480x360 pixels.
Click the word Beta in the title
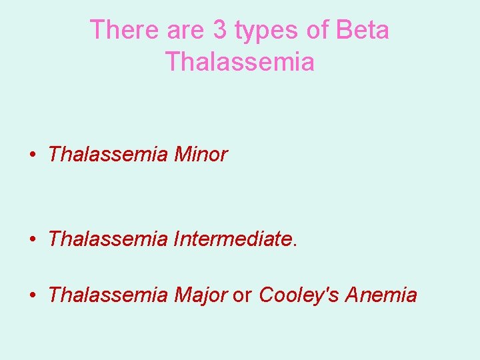363,30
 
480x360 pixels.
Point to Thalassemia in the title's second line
239,61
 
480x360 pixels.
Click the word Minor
201,155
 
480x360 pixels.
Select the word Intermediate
233,238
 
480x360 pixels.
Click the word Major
201,295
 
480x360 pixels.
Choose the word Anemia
381,294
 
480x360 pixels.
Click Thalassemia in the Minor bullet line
109,155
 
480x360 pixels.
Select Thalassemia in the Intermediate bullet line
109,238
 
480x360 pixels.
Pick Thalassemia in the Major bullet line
109,294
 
